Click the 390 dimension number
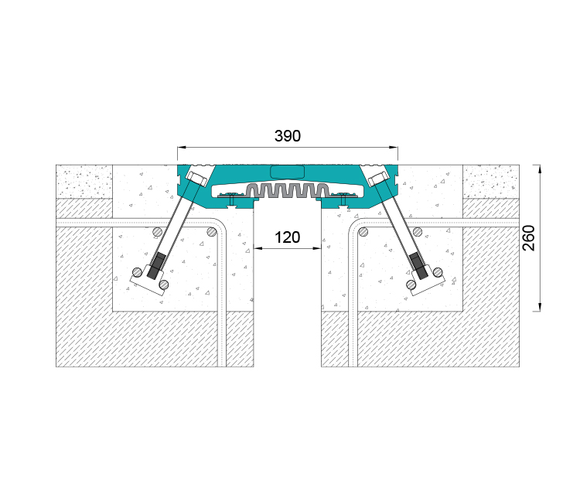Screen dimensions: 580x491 (x=288, y=136)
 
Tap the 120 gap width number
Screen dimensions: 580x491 (x=288, y=237)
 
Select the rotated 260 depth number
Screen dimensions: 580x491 (x=529, y=237)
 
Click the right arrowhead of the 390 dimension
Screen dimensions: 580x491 (x=394, y=148)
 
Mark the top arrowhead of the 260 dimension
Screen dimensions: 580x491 (x=540, y=169)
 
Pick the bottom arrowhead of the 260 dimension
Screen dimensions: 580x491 (x=540, y=307)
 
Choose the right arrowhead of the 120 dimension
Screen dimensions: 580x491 (x=317, y=248)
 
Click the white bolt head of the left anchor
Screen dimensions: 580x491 (x=196, y=178)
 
